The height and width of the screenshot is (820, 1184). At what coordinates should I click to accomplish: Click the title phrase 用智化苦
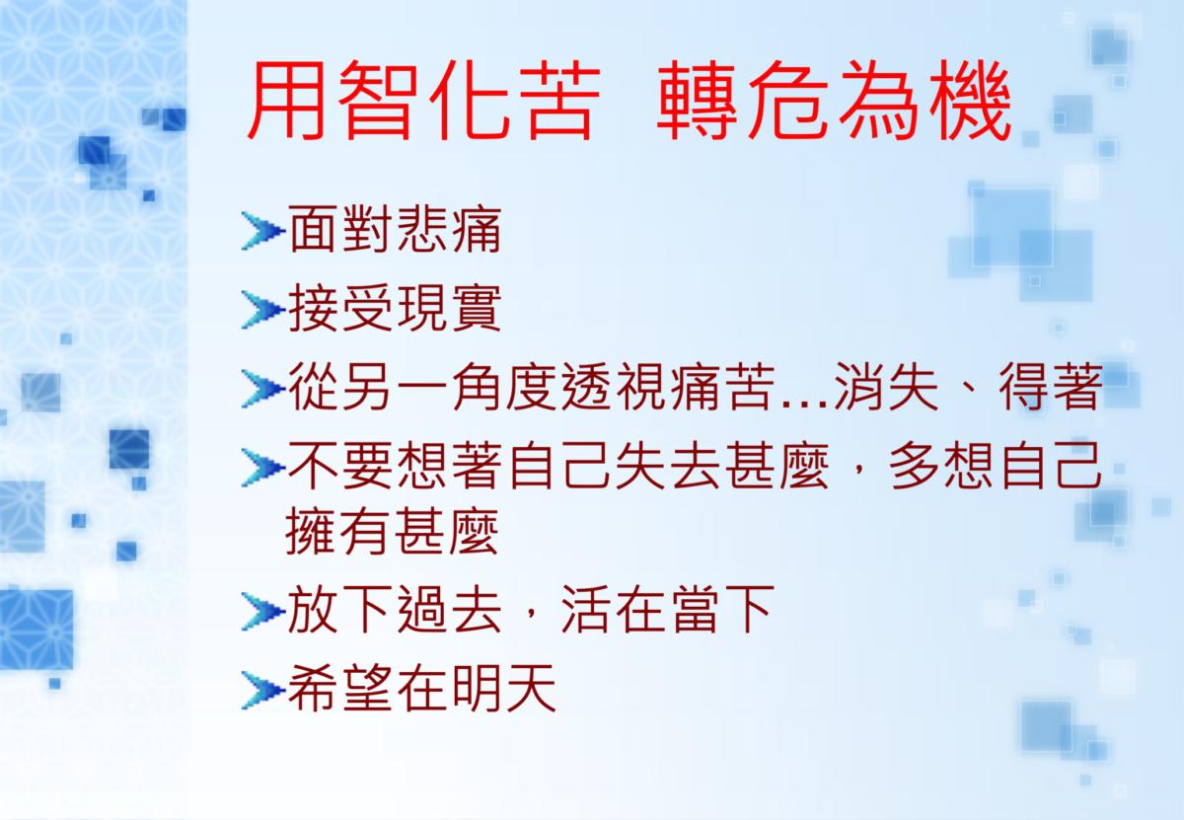click(x=424, y=100)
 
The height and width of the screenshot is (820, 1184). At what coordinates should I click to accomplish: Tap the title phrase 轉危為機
click(x=834, y=100)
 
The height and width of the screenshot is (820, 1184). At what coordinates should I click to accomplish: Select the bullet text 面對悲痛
click(x=395, y=230)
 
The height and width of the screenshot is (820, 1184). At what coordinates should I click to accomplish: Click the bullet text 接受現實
click(x=395, y=308)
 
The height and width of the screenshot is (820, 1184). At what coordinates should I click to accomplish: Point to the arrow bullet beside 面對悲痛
click(x=263, y=231)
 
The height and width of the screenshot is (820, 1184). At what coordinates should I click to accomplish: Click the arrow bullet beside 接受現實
click(x=263, y=310)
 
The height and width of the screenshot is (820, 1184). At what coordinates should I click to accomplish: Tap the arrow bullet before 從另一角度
click(x=263, y=389)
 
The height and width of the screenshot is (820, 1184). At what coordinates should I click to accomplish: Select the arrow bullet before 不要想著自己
click(x=263, y=468)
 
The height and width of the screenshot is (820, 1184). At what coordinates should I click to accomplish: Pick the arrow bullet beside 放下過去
click(x=263, y=612)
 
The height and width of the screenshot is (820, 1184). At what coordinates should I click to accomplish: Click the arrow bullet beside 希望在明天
click(x=263, y=690)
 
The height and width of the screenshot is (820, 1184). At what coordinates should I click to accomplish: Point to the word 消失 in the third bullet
click(x=886, y=387)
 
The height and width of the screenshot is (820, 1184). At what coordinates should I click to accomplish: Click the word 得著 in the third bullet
click(x=1051, y=387)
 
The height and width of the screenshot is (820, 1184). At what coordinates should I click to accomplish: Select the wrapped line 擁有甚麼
click(x=392, y=532)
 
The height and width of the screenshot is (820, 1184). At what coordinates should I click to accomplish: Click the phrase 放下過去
click(x=395, y=610)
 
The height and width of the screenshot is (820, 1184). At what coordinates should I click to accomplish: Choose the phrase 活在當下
click(x=668, y=610)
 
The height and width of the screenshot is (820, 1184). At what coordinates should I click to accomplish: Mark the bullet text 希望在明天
click(x=422, y=689)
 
